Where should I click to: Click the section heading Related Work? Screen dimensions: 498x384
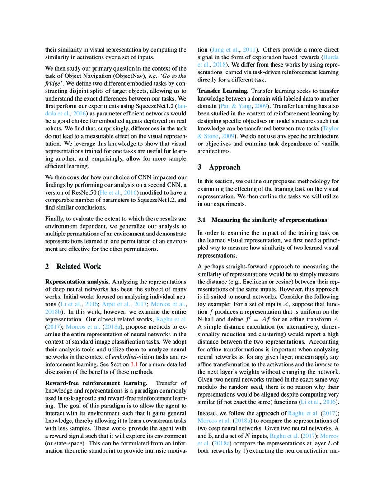tap(79, 267)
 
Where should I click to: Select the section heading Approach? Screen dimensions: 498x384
tap(227, 167)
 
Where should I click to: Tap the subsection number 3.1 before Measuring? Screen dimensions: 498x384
tap(202, 220)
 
